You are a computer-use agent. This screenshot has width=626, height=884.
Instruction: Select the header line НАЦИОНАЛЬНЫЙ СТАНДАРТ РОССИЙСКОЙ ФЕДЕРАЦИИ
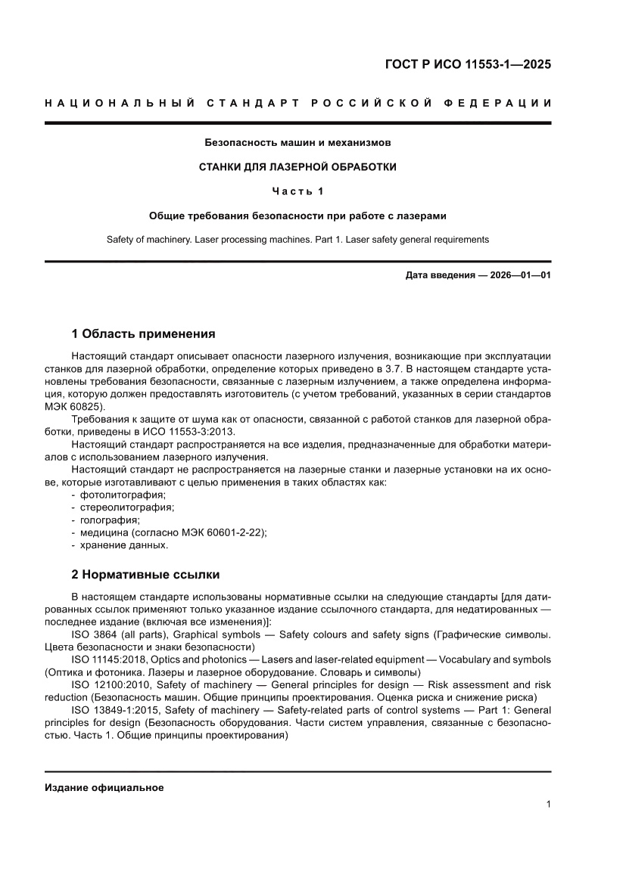tap(297, 103)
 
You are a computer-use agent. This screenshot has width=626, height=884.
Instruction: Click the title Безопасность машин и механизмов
tap(297, 141)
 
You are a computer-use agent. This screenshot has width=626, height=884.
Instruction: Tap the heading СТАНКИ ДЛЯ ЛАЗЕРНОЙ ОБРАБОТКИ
tap(297, 166)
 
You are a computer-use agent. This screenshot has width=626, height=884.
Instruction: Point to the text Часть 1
tap(297, 191)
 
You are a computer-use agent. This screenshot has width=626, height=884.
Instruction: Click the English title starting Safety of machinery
tap(297, 240)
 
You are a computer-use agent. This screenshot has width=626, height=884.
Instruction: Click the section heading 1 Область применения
tap(143, 333)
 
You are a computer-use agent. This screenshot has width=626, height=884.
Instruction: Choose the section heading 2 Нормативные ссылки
tap(145, 574)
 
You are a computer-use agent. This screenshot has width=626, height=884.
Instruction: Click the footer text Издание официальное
tap(104, 787)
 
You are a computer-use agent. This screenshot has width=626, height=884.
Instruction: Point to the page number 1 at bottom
tap(547, 805)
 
